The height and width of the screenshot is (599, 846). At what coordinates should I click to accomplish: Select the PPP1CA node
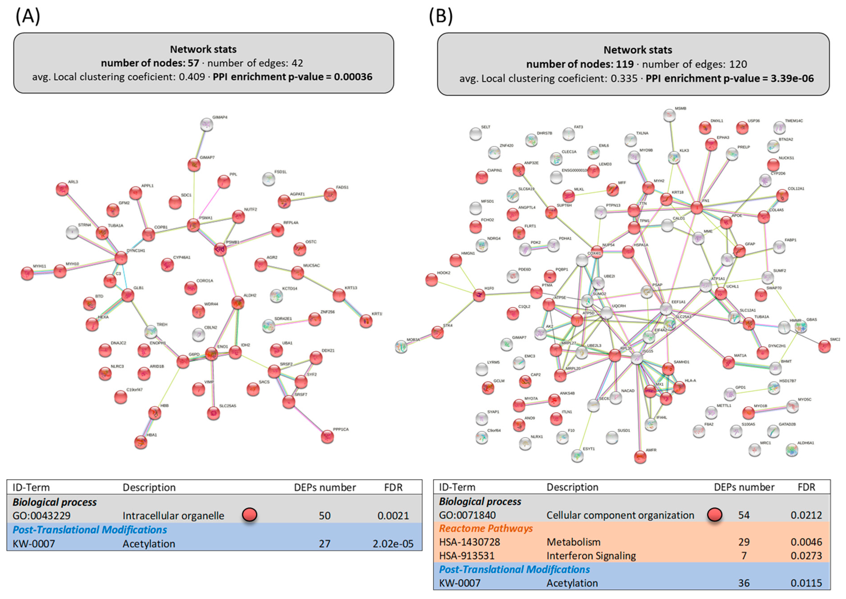pos(327,437)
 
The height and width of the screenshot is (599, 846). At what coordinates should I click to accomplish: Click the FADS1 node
pos(330,194)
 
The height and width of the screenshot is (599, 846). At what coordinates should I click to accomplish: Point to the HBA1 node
pos(140,442)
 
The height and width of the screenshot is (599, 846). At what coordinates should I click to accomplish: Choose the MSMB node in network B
pos(669,115)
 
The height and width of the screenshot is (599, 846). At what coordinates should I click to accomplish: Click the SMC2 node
pos(825,346)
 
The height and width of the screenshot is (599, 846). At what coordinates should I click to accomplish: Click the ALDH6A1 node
pos(792,450)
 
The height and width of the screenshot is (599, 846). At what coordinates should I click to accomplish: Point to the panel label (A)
pos(28,17)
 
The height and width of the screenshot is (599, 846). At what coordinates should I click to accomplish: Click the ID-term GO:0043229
pos(41,516)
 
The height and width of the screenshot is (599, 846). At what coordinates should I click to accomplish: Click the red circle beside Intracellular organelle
pos(250,515)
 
